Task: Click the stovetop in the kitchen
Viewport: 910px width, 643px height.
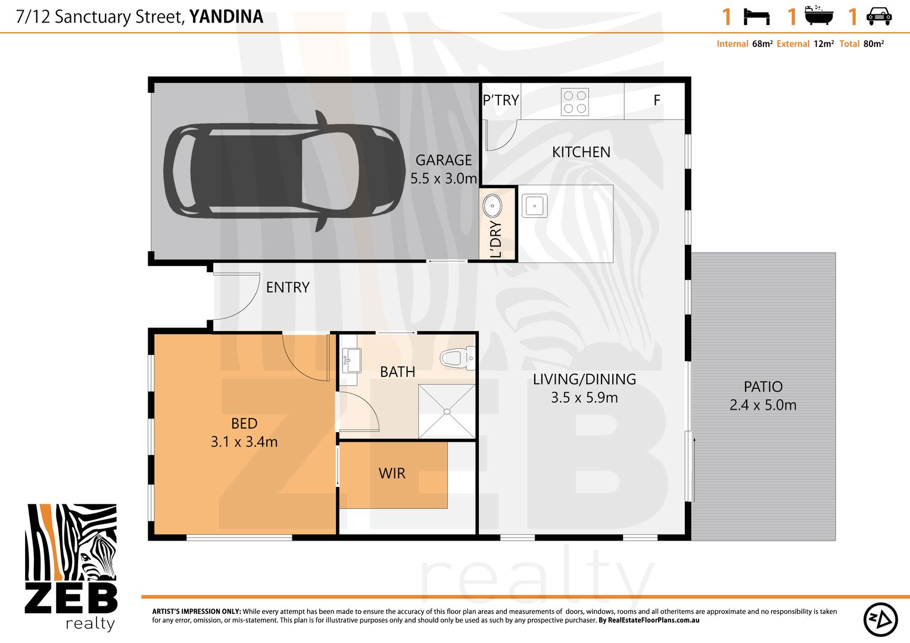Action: pyautogui.click(x=575, y=102)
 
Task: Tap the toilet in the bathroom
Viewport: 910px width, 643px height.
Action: pyautogui.click(x=458, y=358)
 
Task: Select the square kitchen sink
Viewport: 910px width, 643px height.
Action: pyautogui.click(x=535, y=205)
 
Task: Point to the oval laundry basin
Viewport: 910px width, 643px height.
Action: pyautogui.click(x=493, y=205)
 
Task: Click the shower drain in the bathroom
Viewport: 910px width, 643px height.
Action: pyautogui.click(x=447, y=411)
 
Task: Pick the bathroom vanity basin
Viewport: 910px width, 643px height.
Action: pyautogui.click(x=351, y=360)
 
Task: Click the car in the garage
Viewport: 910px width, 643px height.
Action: pyautogui.click(x=285, y=171)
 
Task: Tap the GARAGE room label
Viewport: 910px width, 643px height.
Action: pyautogui.click(x=444, y=160)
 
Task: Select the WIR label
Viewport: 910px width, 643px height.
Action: pyautogui.click(x=392, y=473)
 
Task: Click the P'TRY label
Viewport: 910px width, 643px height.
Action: pyautogui.click(x=501, y=100)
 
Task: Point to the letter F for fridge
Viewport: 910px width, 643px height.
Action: pyautogui.click(x=657, y=100)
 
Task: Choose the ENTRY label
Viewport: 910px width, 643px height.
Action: pyautogui.click(x=288, y=287)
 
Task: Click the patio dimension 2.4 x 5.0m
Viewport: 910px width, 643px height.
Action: pyautogui.click(x=763, y=405)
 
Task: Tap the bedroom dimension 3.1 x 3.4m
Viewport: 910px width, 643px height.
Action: pyautogui.click(x=244, y=442)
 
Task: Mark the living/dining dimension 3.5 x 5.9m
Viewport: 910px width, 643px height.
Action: pyautogui.click(x=585, y=397)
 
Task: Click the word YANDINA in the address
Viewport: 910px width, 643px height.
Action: pyautogui.click(x=226, y=17)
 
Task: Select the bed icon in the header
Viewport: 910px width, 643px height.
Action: pyautogui.click(x=756, y=17)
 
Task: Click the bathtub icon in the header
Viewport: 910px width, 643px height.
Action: pyautogui.click(x=819, y=15)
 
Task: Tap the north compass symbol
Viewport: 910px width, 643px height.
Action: pyautogui.click(x=880, y=619)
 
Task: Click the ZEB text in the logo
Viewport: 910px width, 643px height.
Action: pyautogui.click(x=71, y=598)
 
